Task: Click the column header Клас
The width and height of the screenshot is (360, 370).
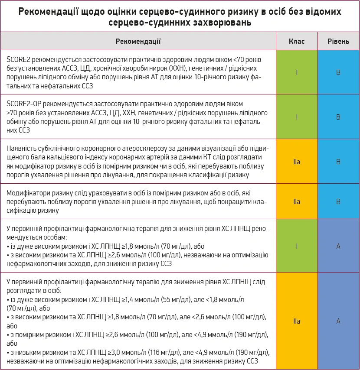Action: point(297,42)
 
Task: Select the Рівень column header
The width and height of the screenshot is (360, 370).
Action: point(338,42)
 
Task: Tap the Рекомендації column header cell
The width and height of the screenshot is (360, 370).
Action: point(138,42)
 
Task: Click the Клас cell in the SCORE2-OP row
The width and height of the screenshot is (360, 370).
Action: point(297,117)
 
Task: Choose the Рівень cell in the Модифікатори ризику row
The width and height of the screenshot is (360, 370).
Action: point(338,201)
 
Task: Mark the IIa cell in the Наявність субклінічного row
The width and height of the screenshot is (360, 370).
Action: point(297,161)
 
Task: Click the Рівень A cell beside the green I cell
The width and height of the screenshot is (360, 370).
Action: point(338,246)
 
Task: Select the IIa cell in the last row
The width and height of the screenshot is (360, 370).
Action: point(297,321)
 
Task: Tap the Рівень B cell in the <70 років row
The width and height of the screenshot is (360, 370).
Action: point(338,72)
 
